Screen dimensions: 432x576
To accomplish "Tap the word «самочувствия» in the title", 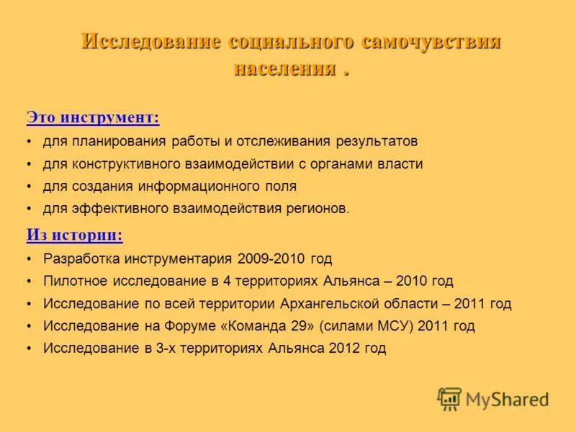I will (x=431, y=41).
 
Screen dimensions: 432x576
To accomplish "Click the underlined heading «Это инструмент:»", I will (x=93, y=117).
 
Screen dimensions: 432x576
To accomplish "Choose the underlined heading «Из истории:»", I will (x=74, y=235).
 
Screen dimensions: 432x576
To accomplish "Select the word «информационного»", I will (x=192, y=186).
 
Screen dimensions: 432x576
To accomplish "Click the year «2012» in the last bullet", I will (x=345, y=348).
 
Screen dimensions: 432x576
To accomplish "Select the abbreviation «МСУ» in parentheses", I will (x=395, y=325).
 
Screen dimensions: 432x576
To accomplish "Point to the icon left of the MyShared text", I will (x=449, y=398).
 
